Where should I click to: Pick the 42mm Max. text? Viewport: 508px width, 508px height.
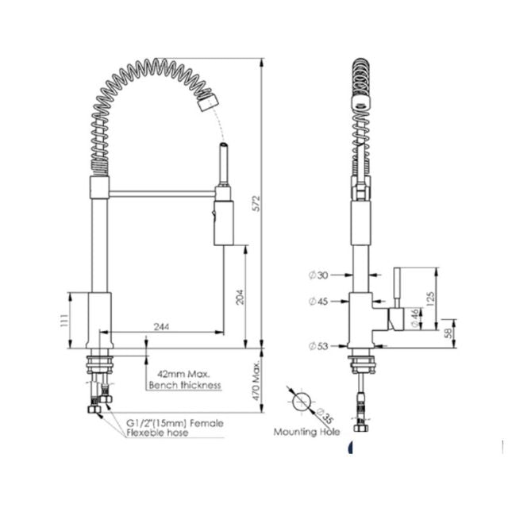click(x=183, y=373)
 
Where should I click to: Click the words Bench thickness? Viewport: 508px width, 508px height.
click(x=184, y=385)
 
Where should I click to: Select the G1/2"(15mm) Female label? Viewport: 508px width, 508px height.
click(x=175, y=423)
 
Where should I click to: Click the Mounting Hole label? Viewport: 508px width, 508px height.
click(x=306, y=432)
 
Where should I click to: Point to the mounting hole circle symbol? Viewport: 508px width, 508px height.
click(x=301, y=402)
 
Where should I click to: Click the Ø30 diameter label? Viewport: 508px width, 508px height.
click(x=317, y=275)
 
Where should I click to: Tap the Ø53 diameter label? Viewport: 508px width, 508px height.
click(x=317, y=345)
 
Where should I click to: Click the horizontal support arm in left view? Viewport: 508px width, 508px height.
click(x=163, y=191)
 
